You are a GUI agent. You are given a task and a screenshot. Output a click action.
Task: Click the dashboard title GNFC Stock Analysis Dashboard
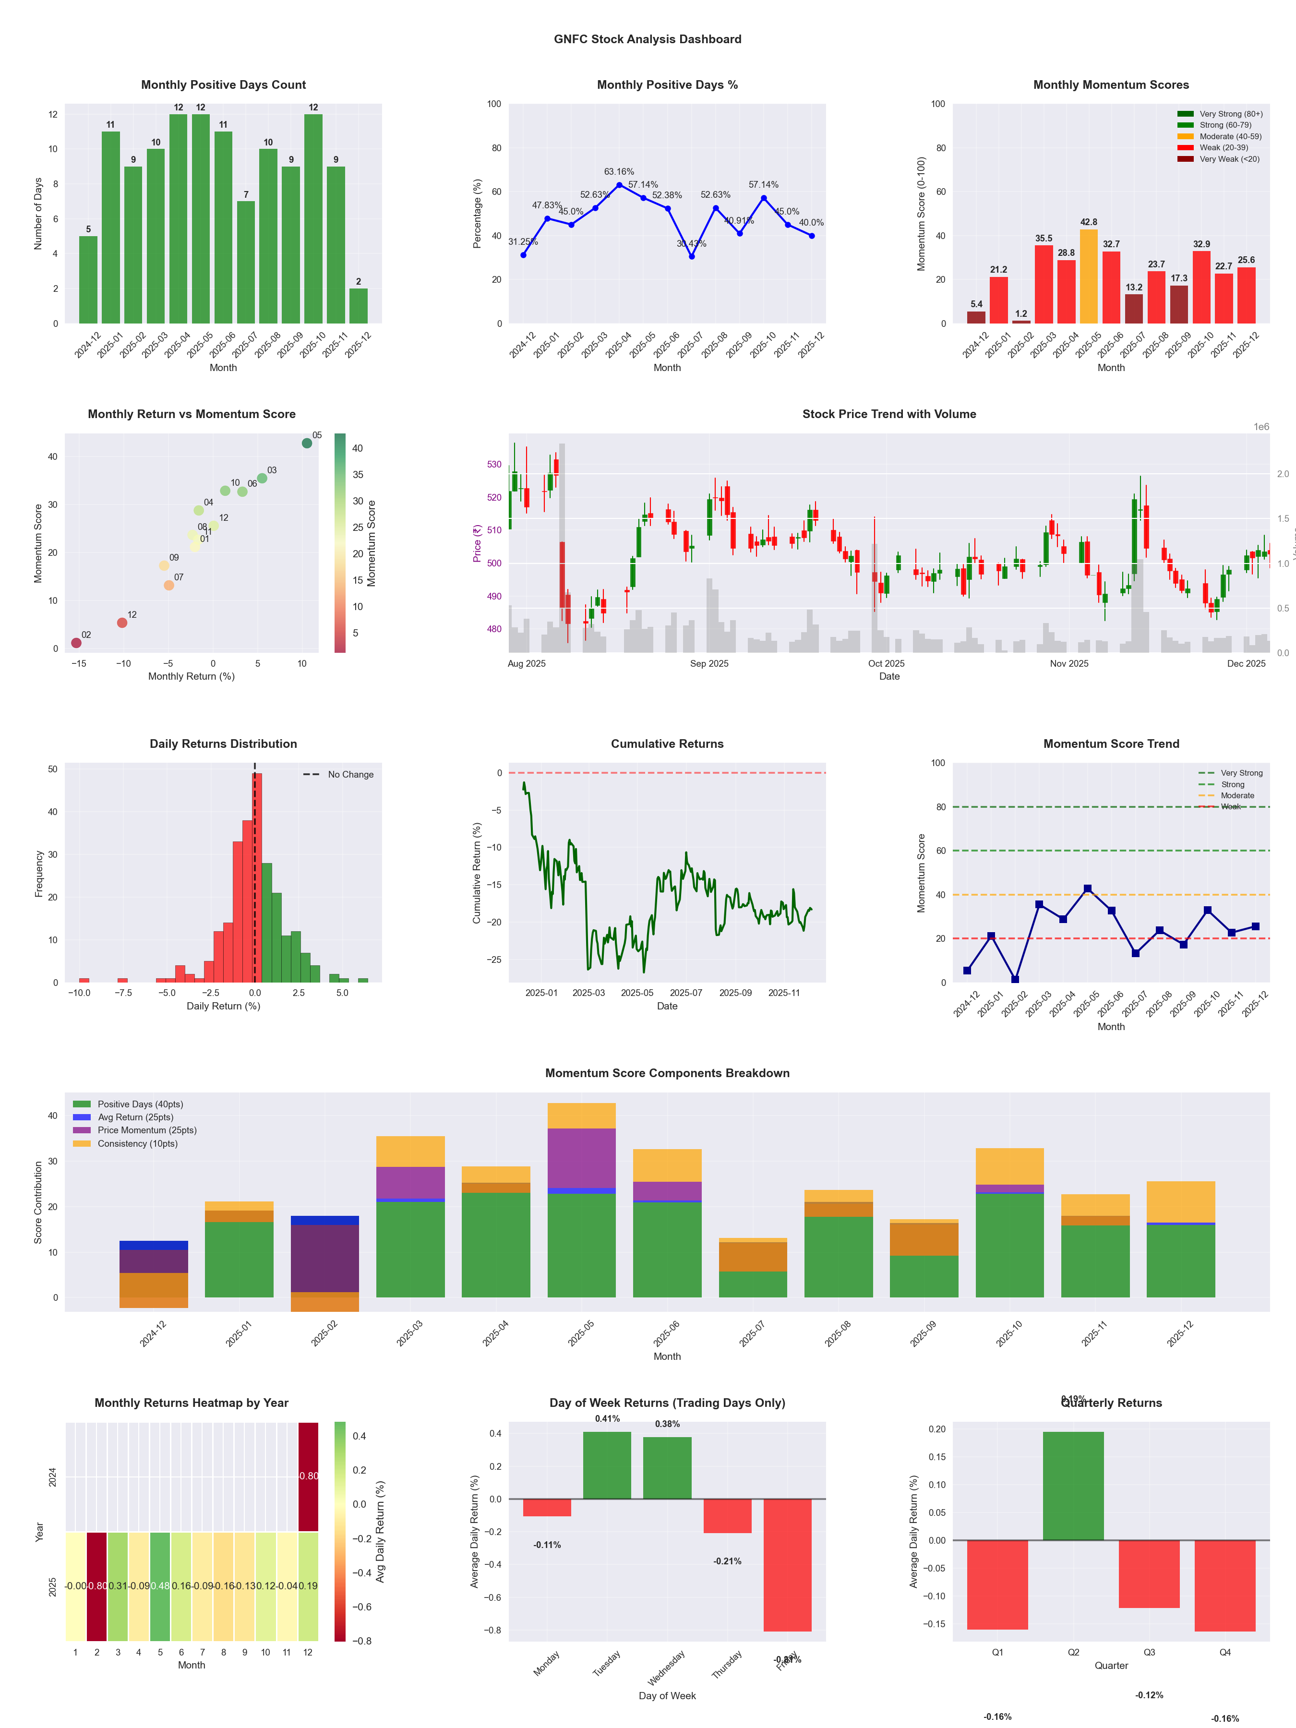[648, 39]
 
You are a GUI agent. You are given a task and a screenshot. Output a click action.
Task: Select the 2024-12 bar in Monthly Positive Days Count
[88, 280]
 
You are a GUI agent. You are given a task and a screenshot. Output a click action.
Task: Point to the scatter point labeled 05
[307, 443]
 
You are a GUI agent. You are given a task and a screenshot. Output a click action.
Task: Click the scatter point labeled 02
[76, 643]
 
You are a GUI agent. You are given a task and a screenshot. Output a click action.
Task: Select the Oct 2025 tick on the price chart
[886, 664]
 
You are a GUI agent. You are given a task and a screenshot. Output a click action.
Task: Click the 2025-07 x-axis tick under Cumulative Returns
[686, 993]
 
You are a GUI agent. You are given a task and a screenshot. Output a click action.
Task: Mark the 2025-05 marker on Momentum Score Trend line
[1087, 889]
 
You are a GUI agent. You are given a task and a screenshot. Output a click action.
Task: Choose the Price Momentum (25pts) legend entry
[147, 1130]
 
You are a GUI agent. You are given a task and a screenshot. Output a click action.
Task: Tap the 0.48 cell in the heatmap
[160, 1586]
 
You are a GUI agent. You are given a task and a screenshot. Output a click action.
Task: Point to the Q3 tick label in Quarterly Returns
[1149, 1652]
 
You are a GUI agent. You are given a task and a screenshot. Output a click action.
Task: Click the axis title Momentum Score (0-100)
[921, 214]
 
